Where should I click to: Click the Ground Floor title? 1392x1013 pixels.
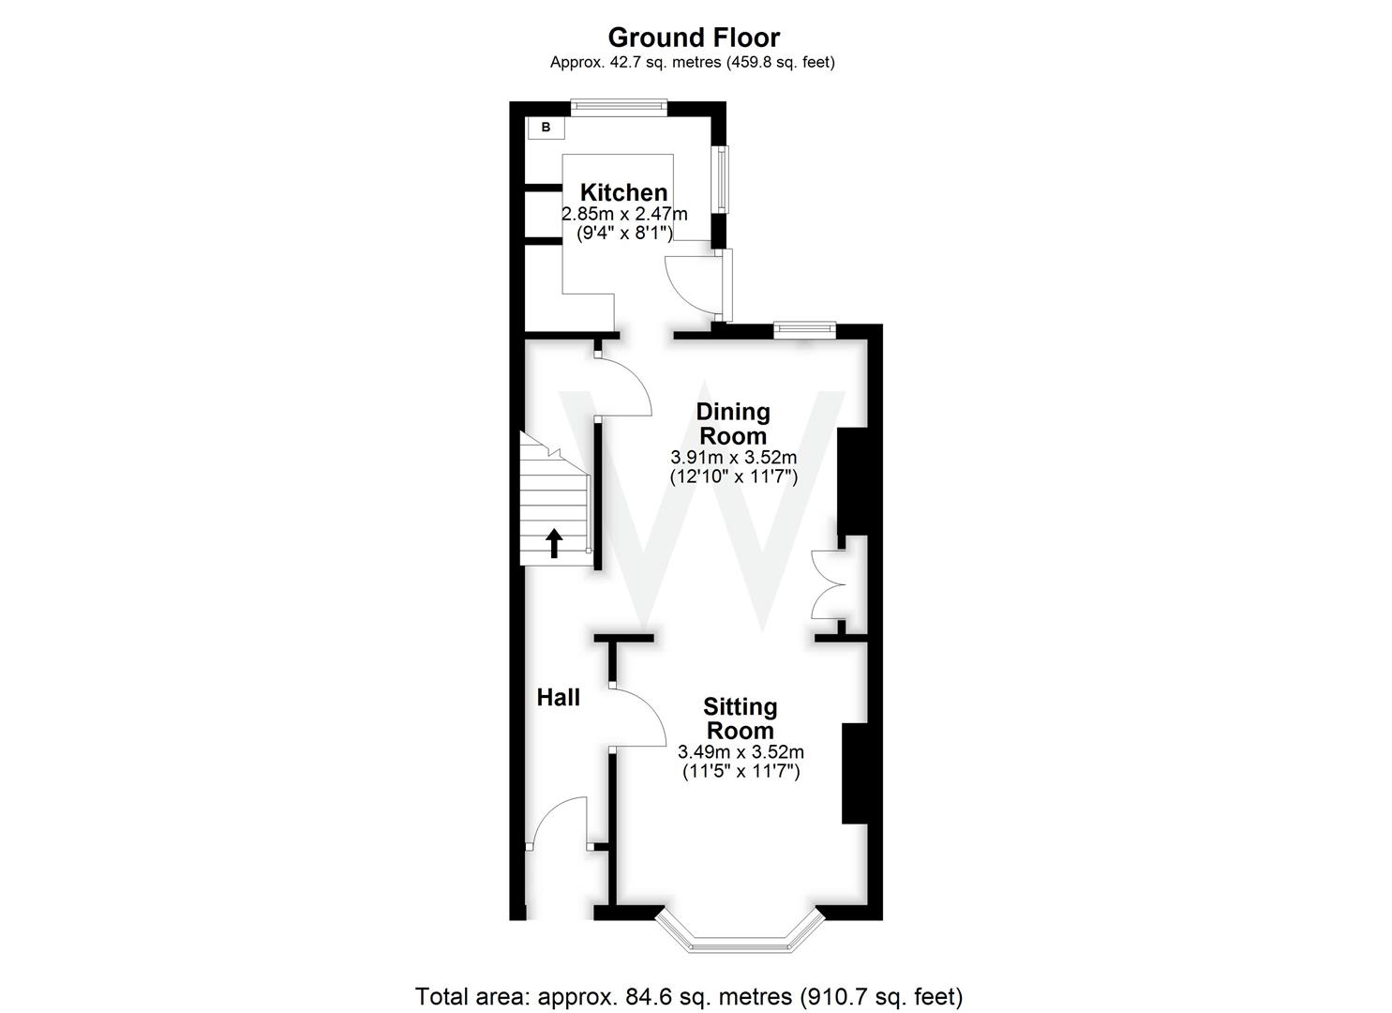coord(694,38)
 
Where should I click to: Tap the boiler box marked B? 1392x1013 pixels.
coord(546,128)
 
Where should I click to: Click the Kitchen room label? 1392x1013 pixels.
coord(623,192)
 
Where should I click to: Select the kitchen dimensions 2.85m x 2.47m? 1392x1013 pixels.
coord(623,214)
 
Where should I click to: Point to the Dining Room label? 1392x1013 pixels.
coord(732,423)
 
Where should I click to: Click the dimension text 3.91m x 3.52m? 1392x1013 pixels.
coord(732,458)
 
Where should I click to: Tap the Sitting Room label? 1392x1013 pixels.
coord(740,718)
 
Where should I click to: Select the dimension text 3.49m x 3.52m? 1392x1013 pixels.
coord(740,752)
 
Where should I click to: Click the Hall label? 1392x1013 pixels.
coord(558,697)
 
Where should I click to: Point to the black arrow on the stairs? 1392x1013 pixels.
coord(554,542)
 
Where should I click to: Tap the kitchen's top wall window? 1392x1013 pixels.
coord(619,107)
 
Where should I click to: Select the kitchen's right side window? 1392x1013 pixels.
coord(720,178)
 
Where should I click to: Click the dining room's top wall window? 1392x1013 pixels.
coord(804,329)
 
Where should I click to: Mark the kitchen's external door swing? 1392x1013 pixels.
coord(694,281)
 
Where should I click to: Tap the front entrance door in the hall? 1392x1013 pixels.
coord(556,821)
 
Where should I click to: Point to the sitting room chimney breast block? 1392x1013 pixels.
coord(854,773)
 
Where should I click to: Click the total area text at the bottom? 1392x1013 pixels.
coord(688,995)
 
